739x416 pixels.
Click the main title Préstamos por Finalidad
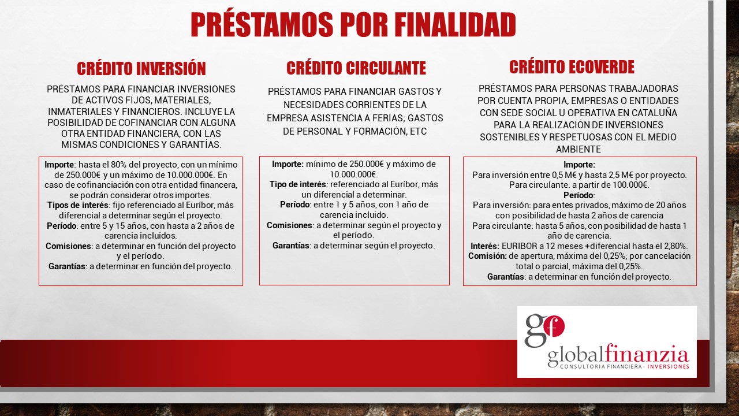pyautogui.click(x=353, y=24)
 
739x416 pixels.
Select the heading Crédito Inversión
pyautogui.click(x=141, y=69)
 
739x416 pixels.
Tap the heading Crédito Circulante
pyautogui.click(x=356, y=68)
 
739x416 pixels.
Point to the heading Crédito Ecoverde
pyautogui.click(x=572, y=66)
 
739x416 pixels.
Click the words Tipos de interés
pyautogui.click(x=78, y=205)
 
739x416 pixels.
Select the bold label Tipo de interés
pyautogui.click(x=297, y=184)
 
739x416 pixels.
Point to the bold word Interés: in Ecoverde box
pyautogui.click(x=485, y=246)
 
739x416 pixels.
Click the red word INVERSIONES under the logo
pyautogui.click(x=668, y=366)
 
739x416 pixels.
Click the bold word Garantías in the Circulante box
pyautogui.click(x=291, y=246)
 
